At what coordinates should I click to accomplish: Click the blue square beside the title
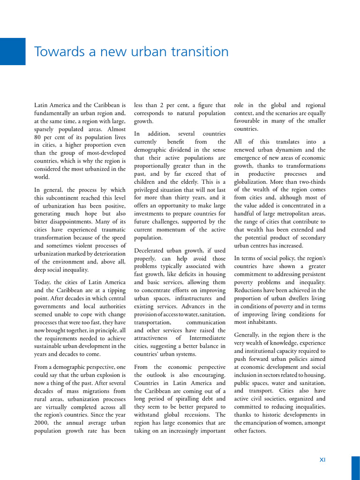tap(13, 52)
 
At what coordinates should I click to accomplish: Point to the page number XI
tap(322, 460)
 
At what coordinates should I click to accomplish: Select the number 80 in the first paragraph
tap(39, 137)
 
